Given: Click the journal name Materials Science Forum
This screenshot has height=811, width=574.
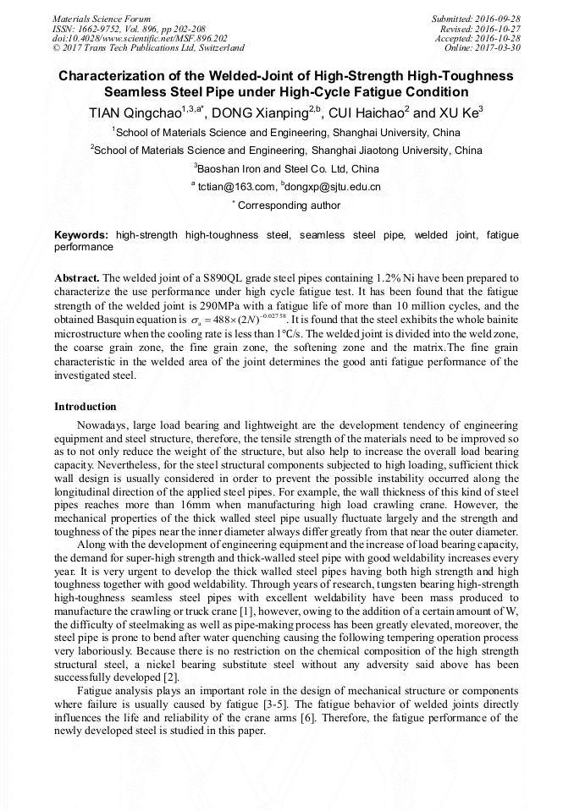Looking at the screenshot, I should tap(102, 19).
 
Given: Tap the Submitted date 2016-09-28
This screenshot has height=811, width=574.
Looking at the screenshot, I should tap(476, 19).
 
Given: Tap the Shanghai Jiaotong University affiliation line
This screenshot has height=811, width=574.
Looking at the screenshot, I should tap(286, 151).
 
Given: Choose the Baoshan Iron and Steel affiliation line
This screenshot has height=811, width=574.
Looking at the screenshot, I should tap(286, 168).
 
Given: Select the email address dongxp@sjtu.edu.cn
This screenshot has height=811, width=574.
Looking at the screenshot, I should tap(333, 187).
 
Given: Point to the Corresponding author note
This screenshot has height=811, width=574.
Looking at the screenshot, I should tap(286, 205).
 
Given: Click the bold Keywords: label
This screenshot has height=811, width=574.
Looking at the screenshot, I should tap(81, 235).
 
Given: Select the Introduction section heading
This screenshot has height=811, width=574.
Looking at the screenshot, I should tap(86, 407).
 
